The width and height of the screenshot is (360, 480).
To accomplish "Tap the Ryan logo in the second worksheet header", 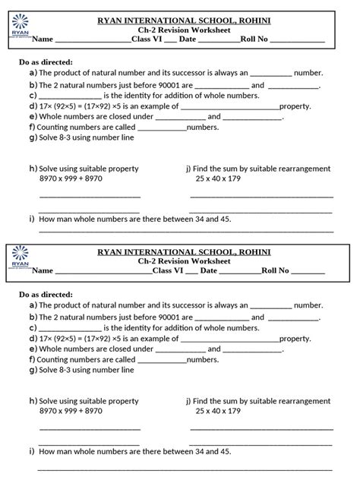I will pos(18,260).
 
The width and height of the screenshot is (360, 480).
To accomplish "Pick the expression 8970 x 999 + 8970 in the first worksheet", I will pos(71,178).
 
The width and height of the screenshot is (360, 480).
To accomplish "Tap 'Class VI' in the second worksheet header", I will pos(167,270).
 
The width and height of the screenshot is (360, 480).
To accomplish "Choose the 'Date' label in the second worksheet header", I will pos(208,270).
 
